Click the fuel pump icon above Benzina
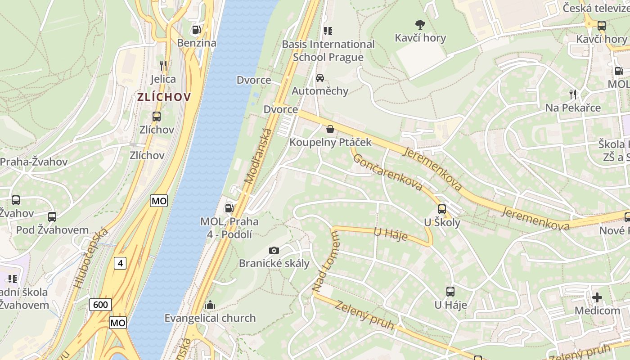point(196,30)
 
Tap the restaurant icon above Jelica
point(163,66)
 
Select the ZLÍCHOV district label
point(164,97)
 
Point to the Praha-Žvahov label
point(34,162)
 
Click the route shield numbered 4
point(120,263)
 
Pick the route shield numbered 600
point(100,305)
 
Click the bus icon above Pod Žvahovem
point(52,216)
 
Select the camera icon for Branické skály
point(274,250)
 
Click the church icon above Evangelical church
point(210,305)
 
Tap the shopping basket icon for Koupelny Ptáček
point(330,129)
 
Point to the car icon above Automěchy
point(320,78)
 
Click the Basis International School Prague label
point(328,50)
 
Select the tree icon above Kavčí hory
point(420,24)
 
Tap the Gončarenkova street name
point(387,172)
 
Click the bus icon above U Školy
point(442,209)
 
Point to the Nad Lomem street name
point(325,261)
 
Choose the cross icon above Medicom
point(597,297)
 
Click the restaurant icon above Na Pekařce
point(573,94)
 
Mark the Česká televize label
point(596,8)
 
